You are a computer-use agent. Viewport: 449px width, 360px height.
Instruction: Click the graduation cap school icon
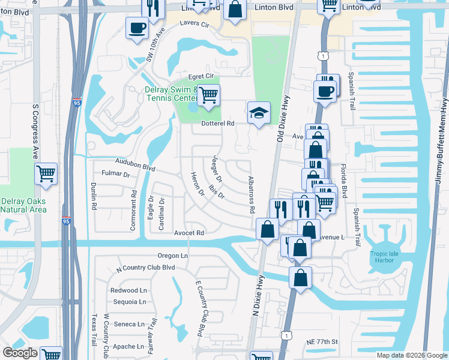pos(259,113)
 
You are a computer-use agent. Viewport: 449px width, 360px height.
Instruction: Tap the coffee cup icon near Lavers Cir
pos(137,27)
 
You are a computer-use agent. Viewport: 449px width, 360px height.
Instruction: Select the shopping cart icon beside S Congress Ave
pos(46,174)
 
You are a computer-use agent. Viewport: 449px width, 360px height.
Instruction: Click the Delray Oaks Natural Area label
pos(23,205)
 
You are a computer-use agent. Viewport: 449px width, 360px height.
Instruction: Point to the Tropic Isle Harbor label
pos(381,256)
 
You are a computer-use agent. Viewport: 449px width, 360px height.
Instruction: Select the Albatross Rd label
pos(252,196)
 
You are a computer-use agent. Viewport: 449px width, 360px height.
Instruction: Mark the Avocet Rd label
pos(190,233)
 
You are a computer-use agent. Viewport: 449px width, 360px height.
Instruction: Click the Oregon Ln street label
pos(173,256)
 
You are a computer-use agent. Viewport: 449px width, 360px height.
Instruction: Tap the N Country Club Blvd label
pos(145,268)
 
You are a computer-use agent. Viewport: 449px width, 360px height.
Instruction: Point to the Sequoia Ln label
pos(128,302)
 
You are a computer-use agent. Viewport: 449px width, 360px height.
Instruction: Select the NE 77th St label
pos(322,341)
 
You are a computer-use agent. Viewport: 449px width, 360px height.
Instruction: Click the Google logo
pos(20,353)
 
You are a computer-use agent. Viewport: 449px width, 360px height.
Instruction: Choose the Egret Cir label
pos(200,76)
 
